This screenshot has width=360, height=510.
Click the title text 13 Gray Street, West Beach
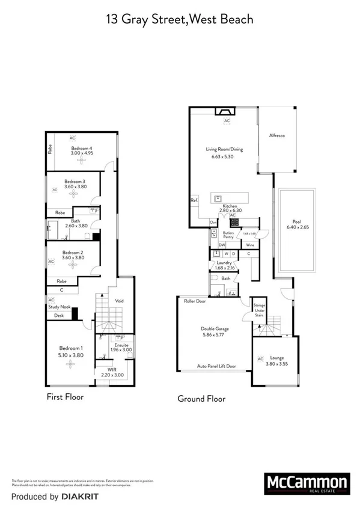(x=180, y=20)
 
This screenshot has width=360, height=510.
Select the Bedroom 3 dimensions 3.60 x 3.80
(x=75, y=187)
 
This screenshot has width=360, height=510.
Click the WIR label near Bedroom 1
(x=111, y=369)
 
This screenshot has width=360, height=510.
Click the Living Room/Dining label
(x=227, y=149)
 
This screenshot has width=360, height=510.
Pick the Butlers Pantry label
(x=228, y=235)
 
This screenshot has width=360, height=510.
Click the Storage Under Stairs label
(x=259, y=310)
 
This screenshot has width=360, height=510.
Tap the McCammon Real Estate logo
(x=307, y=484)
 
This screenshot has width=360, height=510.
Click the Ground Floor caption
(x=201, y=398)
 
